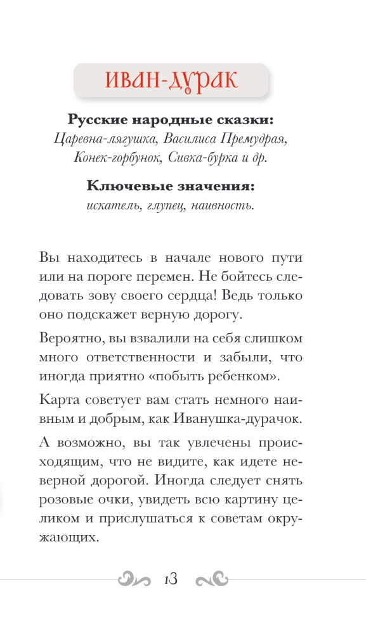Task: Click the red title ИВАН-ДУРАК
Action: pyautogui.click(x=171, y=81)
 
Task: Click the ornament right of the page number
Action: pyautogui.click(x=212, y=579)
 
